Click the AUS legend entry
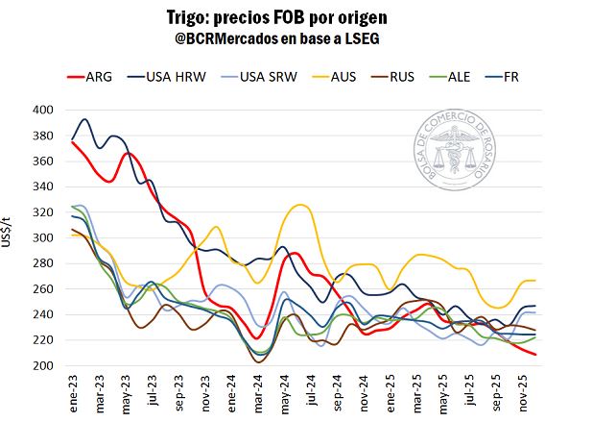coord(349,76)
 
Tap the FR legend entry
coord(522,76)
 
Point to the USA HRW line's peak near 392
coord(85,119)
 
